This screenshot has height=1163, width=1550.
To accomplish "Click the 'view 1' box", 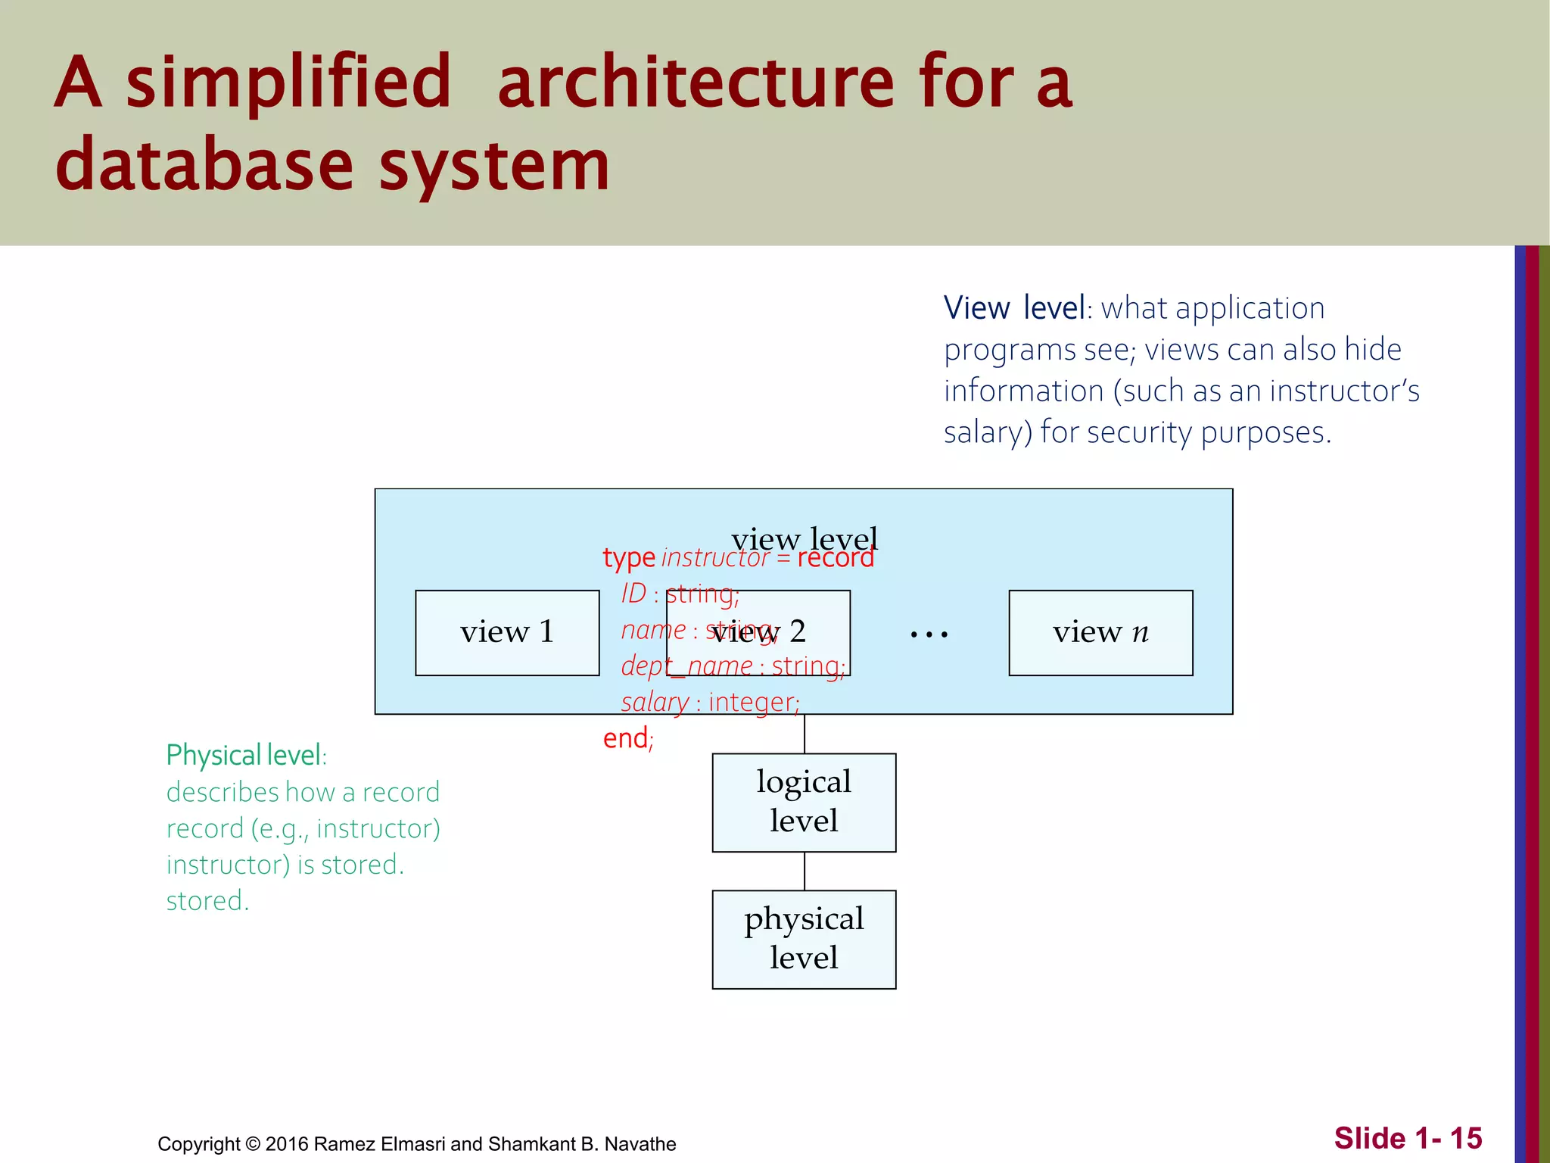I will pos(507,632).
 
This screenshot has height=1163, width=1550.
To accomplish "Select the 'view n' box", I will pos(1100,632).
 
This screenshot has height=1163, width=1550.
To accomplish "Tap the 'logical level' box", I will pos(804,802).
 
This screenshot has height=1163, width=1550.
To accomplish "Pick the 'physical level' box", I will pos(804,939).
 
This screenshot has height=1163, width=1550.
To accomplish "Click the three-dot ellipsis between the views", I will pos(929,634).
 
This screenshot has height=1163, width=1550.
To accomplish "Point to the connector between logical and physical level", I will pos(804,871).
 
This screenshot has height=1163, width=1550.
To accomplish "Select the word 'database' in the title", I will pos(204,165).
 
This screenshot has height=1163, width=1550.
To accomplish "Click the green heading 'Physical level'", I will pos(244,755).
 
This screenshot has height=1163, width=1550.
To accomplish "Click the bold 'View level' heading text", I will pos(1013,308).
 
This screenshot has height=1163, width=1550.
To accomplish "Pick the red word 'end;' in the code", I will pos(627,738).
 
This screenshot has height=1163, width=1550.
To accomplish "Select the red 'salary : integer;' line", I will pos(710,703).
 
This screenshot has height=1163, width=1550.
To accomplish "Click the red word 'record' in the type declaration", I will pos(836,558).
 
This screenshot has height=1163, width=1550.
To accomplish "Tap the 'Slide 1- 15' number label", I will pos(1407,1138).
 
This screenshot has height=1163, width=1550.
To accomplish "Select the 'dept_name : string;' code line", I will pos(733,666).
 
